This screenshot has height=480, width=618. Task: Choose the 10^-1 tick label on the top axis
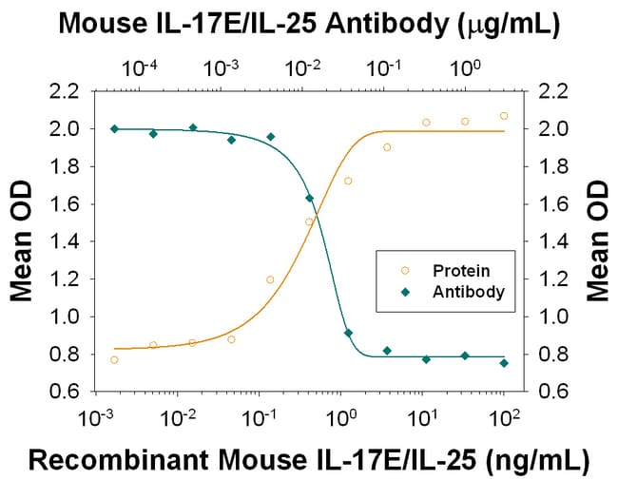tap(384, 68)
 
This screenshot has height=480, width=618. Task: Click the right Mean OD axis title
tap(599, 240)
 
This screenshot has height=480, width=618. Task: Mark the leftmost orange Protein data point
tap(114, 359)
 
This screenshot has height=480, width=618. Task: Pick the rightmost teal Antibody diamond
tap(504, 362)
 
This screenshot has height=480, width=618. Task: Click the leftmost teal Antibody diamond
tap(114, 128)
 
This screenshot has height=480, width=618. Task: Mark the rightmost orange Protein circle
tap(504, 116)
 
